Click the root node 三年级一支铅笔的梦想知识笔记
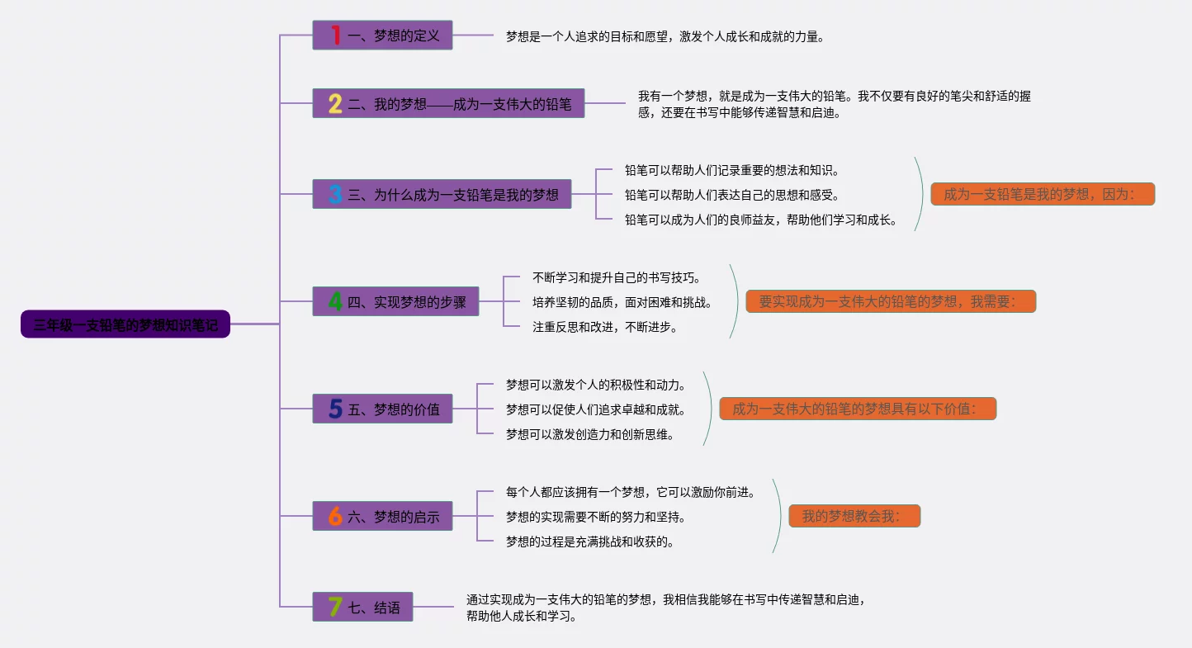point(125,324)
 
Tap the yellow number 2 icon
point(334,104)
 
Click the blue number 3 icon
point(334,195)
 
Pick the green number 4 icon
point(334,302)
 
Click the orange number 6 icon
point(334,517)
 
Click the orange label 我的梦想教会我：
point(854,517)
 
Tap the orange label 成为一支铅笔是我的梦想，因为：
point(1042,195)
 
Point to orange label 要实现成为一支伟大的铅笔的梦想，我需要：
point(890,302)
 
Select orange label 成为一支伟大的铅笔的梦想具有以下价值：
point(857,409)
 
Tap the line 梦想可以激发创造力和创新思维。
point(590,434)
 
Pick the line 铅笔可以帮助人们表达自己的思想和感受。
point(732,196)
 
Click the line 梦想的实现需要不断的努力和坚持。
point(595,518)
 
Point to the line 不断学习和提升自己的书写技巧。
point(617,278)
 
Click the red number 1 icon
point(335,35)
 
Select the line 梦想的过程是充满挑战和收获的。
point(590,542)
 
